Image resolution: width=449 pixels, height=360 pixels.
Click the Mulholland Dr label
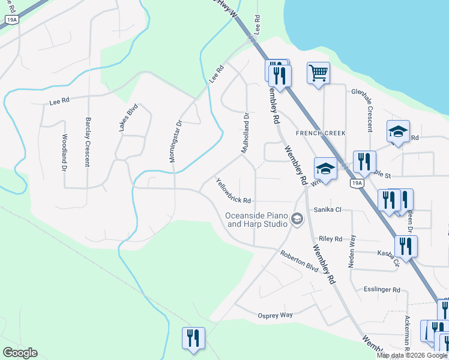[x=246, y=133]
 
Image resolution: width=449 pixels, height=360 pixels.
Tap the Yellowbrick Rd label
[x=233, y=192]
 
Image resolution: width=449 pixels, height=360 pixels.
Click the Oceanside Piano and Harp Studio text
[x=256, y=220]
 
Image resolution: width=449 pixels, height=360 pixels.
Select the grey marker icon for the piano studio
[x=297, y=220]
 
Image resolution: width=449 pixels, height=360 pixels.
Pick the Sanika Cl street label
[x=328, y=209]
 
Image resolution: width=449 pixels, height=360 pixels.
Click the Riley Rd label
[x=331, y=238]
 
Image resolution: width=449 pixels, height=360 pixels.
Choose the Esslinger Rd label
[x=382, y=290]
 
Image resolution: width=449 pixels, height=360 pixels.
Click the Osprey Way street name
[x=275, y=315]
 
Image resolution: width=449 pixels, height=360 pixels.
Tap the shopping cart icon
[x=318, y=73]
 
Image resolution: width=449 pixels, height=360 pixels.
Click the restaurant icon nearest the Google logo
[x=193, y=337]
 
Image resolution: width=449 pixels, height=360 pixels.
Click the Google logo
[x=20, y=353]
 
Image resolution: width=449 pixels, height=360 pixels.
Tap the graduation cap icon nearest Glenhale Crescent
[x=398, y=131]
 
